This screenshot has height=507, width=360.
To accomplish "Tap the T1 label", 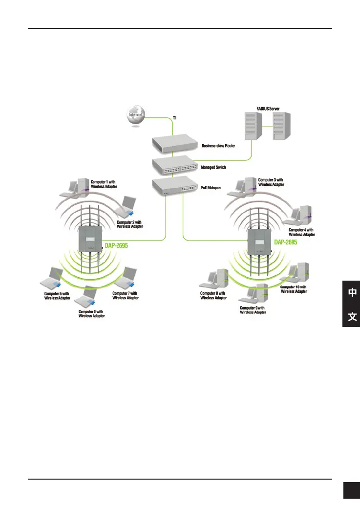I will (175, 118).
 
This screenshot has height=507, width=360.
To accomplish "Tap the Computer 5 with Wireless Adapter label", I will (57, 295).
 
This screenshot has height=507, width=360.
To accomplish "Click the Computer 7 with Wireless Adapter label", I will (125, 295).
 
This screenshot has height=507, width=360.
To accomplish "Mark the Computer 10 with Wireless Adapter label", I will (294, 289).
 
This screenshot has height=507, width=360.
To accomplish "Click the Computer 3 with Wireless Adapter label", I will (271, 182).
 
